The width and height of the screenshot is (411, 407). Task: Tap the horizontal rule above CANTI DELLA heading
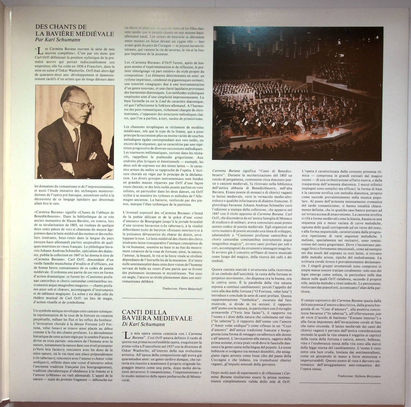point(162,298)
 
